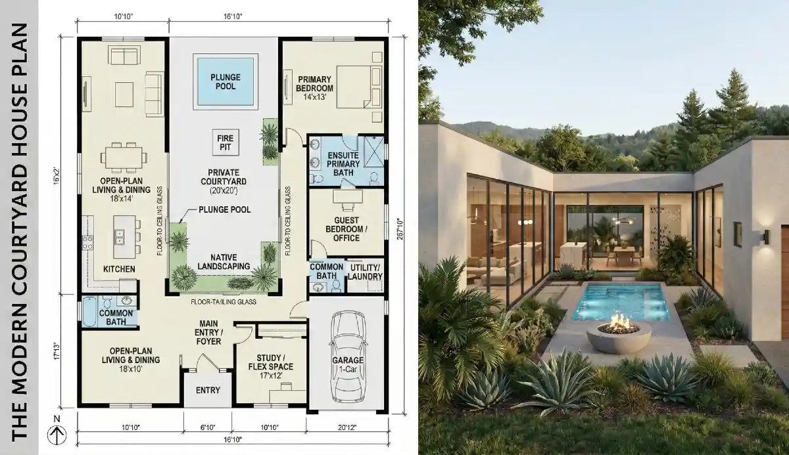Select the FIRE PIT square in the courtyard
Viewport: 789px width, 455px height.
[x=226, y=141]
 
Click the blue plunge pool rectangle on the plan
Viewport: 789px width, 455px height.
[x=225, y=81]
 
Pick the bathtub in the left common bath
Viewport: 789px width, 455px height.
[x=89, y=311]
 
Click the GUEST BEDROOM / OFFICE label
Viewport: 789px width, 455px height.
[x=347, y=228]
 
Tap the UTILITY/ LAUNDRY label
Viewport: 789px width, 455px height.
[x=365, y=272]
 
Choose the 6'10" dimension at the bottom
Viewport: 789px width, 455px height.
[x=208, y=428]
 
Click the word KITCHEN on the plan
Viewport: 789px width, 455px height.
[x=119, y=269]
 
